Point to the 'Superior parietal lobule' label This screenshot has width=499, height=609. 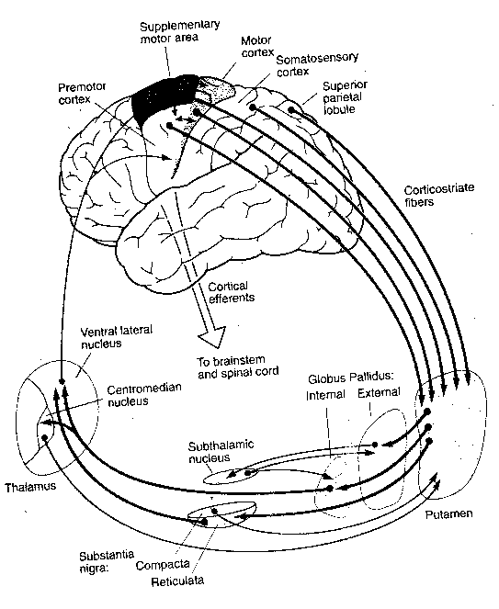click(346, 97)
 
